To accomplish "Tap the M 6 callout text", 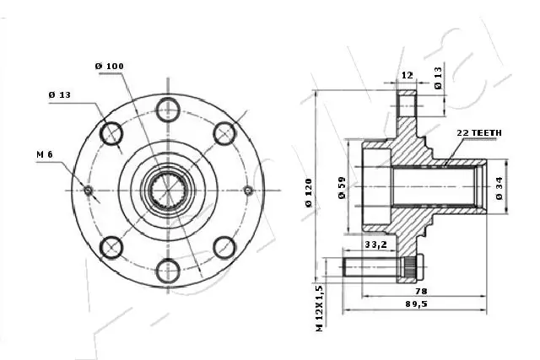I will (46, 154).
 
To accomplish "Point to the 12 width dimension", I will (407, 75).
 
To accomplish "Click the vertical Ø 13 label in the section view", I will (438, 78).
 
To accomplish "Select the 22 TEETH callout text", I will (479, 133).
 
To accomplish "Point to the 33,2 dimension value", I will (375, 245).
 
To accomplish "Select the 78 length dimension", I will (419, 290).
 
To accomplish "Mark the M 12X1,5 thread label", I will (320, 307).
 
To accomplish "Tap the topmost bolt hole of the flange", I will (167, 107).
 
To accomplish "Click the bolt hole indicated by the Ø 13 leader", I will (111, 132).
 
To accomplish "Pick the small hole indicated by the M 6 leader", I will (88, 190).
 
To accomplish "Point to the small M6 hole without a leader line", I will (247, 190).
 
